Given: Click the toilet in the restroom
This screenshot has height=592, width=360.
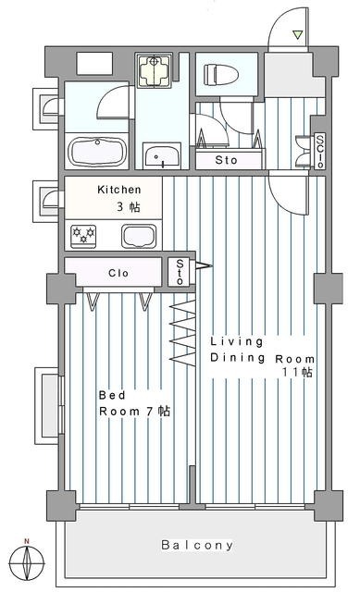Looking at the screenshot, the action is [220, 74].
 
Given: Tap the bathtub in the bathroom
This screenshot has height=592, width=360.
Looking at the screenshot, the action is [97, 152].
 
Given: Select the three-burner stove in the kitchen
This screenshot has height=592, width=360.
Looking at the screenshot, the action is [83, 237].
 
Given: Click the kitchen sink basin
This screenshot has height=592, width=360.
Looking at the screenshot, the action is [139, 237].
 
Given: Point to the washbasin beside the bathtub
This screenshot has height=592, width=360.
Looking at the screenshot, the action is [162, 155].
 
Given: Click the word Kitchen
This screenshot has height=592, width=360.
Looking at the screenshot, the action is [119, 190].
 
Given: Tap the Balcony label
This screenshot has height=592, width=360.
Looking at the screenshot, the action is [197, 545].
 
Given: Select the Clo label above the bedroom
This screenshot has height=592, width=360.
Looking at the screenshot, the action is [118, 273].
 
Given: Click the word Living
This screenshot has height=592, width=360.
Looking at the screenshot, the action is [237, 341].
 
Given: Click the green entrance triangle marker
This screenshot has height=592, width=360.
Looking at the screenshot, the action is [298, 35].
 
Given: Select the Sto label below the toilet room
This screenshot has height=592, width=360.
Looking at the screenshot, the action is [226, 160].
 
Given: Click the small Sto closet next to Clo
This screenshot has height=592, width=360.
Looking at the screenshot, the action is [180, 271].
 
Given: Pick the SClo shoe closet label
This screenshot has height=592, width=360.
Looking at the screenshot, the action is [320, 151].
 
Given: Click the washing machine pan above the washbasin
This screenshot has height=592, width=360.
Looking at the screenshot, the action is [154, 70].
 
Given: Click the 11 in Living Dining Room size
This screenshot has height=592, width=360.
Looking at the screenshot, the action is [292, 372].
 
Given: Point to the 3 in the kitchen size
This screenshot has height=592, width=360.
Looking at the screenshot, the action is [120, 206].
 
